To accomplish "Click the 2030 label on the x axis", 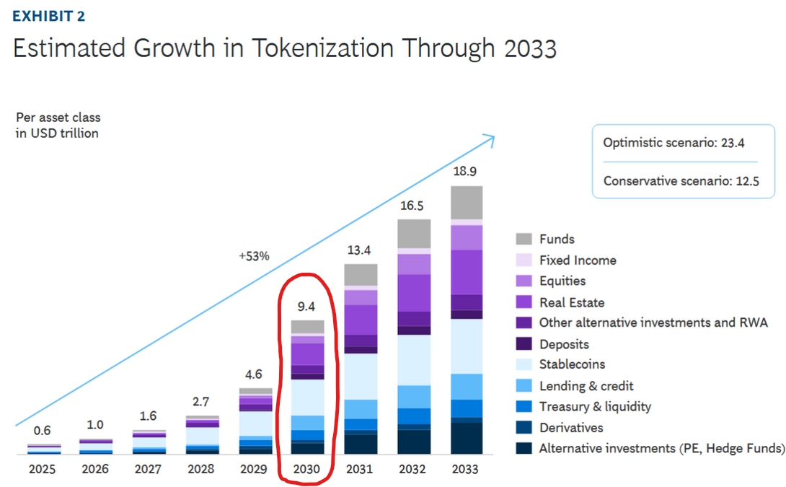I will point(307,469).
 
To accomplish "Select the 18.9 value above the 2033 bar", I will point(466,172).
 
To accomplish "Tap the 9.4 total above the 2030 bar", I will point(307,306).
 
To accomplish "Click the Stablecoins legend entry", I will point(572,364).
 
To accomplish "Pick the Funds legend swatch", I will point(524,239).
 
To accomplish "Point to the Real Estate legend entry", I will point(572,302).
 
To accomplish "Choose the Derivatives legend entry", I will point(571,427).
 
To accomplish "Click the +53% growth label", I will point(254,256).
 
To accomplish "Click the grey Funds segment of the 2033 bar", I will point(466,202).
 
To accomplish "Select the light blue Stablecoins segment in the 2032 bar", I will point(413,359).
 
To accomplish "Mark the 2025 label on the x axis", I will point(43,469).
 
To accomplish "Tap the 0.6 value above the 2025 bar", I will point(43,431).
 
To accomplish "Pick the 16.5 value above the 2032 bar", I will point(413,205).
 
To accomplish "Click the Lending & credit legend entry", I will point(586,386).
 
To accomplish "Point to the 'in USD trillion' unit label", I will point(57,133).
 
